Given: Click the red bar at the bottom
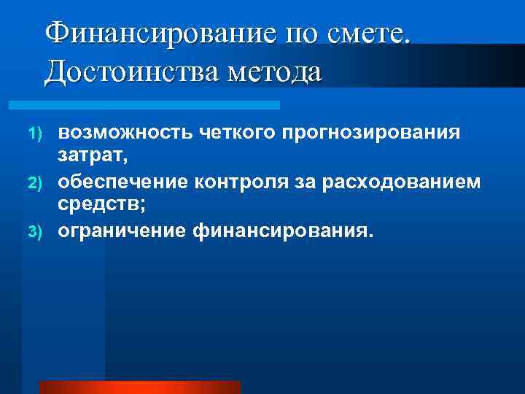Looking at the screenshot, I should point(139,387).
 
